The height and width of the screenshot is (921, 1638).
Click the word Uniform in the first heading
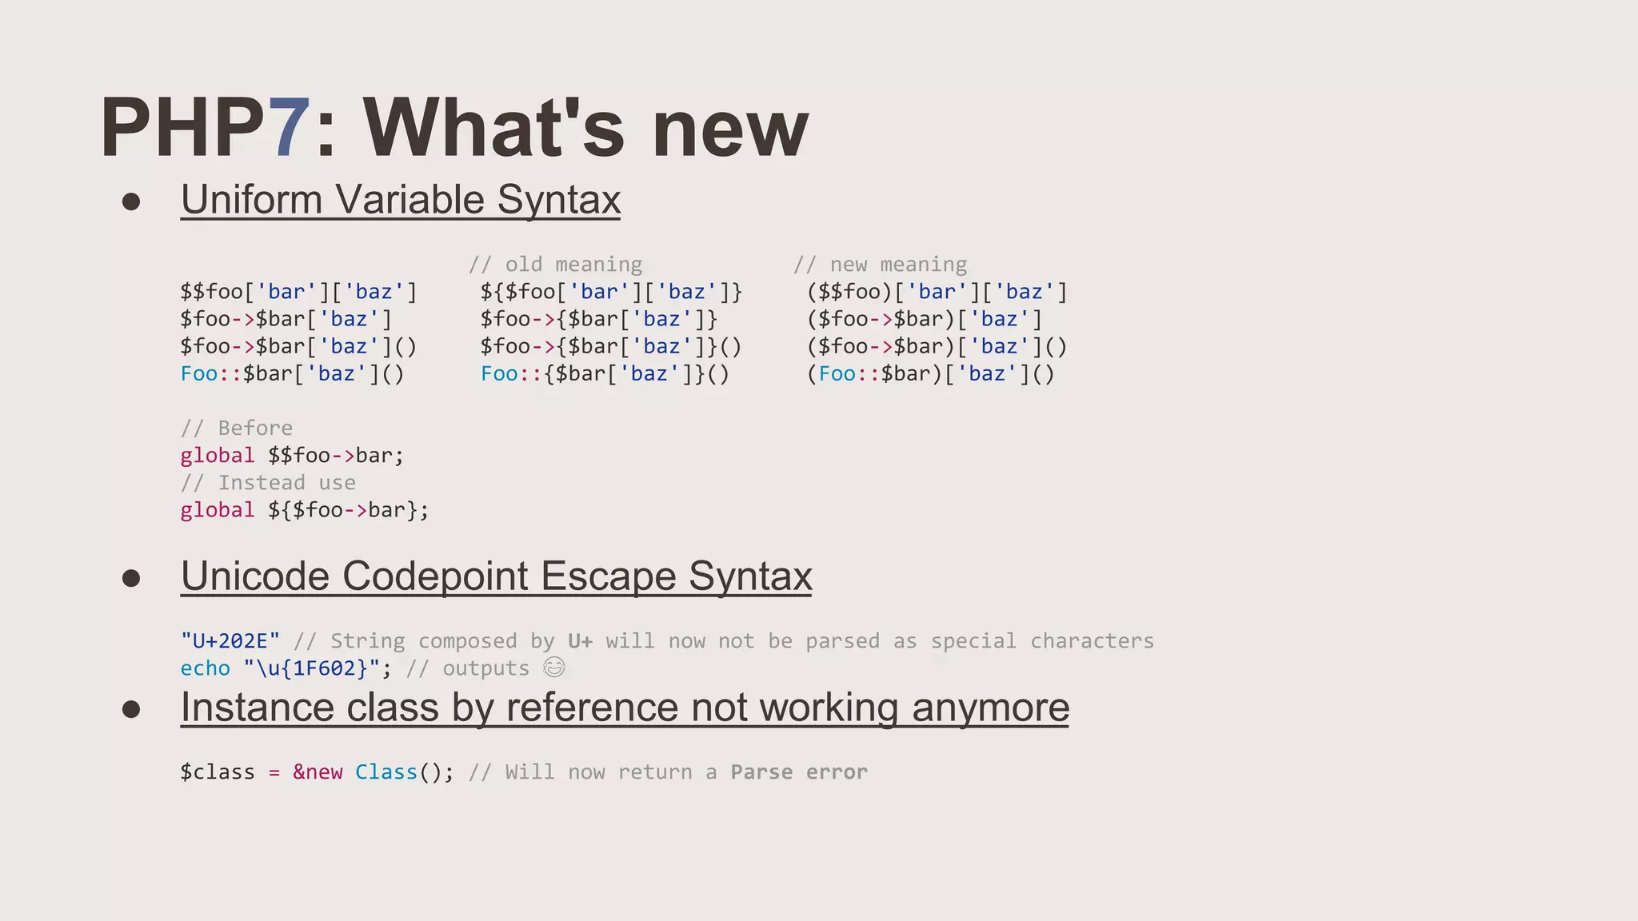point(252,200)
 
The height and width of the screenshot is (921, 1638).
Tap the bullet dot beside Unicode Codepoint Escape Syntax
point(131,578)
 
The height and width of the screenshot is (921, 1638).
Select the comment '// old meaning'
point(555,265)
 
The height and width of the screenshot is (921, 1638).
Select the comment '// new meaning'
point(880,265)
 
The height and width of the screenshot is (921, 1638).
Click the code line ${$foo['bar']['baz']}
point(611,292)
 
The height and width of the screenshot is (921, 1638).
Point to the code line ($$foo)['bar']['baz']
point(937,292)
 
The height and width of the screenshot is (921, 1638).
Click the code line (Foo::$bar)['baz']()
point(930,373)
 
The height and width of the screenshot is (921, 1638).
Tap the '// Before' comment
point(236,428)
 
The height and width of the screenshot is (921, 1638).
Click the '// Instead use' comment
point(268,483)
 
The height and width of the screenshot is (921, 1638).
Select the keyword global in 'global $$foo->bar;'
point(217,456)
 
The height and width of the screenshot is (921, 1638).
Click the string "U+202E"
point(230,641)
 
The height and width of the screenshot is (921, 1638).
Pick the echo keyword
point(205,668)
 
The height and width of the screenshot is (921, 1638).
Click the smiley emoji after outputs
point(553,667)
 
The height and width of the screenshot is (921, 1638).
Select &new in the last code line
point(318,772)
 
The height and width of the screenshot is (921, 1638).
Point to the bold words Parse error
point(798,772)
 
